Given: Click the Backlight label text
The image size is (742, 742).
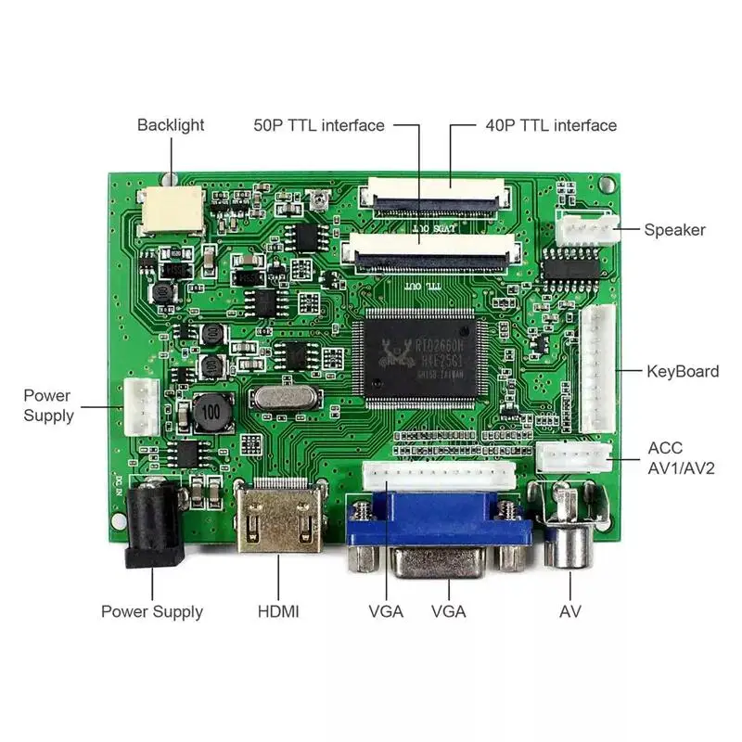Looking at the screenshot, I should coord(171,124).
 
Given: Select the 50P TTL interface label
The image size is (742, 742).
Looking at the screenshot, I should coord(319,125).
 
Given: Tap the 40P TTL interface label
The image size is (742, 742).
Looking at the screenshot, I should coord(551,125).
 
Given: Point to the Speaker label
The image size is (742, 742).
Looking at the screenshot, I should coord(675,230).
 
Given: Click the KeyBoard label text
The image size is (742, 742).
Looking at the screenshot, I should coord(683,372).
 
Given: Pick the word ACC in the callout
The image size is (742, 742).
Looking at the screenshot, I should coord(664,447).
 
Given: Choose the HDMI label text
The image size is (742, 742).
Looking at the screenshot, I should coord(278,611).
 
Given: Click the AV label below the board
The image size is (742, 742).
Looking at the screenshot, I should coord(570,611).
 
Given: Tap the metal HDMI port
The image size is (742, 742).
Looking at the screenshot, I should coord(276,519).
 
